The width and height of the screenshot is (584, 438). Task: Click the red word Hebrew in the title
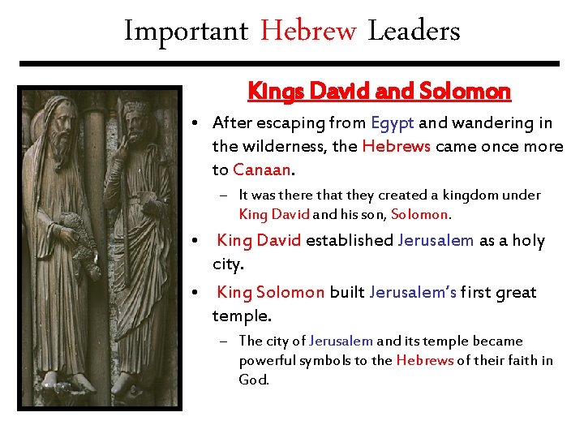coord(308,32)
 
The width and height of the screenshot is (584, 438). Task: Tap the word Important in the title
coord(186,32)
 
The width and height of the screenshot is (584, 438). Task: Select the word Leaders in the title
coord(414,32)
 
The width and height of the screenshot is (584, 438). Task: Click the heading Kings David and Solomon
coord(380,92)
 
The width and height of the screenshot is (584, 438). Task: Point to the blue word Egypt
coord(392,123)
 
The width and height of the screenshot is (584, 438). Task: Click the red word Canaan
coord(260,170)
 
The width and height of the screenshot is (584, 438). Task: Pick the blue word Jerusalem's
coord(412,292)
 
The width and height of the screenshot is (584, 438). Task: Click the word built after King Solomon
coord(346,292)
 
